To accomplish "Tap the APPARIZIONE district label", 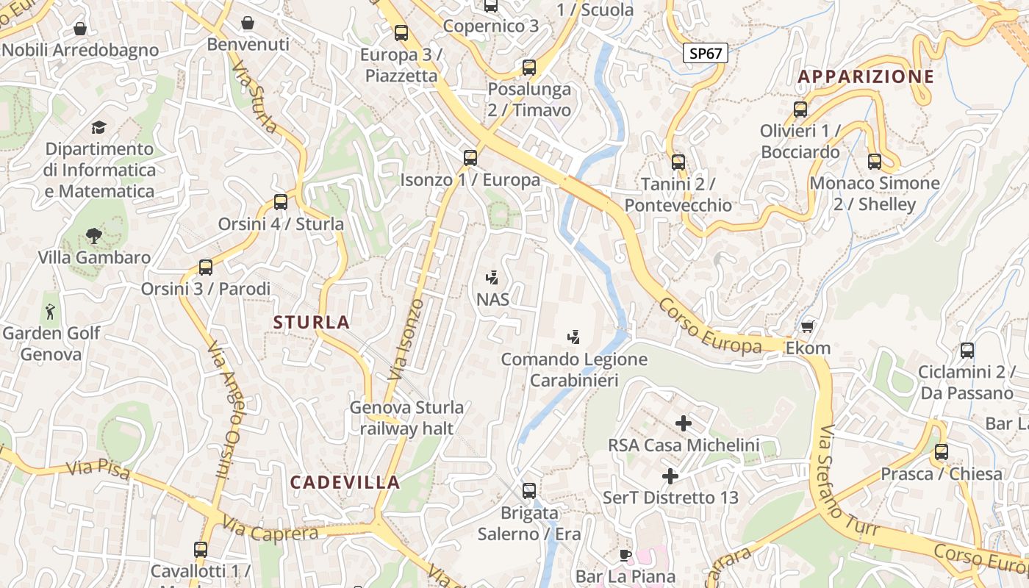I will [x=866, y=76].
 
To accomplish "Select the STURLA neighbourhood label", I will [x=312, y=322].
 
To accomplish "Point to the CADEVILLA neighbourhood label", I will [x=345, y=482].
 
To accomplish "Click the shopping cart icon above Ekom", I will [x=808, y=326].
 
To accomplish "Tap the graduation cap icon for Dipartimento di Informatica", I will [x=98, y=128].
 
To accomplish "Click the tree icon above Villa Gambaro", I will [x=93, y=236].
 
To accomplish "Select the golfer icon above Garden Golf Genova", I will [x=50, y=311].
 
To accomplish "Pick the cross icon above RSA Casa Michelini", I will [x=684, y=423].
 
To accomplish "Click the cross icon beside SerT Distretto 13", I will [x=670, y=476].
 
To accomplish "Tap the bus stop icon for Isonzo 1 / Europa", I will [x=470, y=157].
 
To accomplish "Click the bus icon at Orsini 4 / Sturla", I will [x=280, y=202].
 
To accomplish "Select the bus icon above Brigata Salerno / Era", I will [x=528, y=490].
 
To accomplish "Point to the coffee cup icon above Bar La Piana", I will [x=625, y=555].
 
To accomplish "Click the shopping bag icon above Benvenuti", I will [x=248, y=23].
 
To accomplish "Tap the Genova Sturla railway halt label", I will [x=406, y=417].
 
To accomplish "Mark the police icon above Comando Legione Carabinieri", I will [x=574, y=337].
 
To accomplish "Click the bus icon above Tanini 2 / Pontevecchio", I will [x=678, y=162].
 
